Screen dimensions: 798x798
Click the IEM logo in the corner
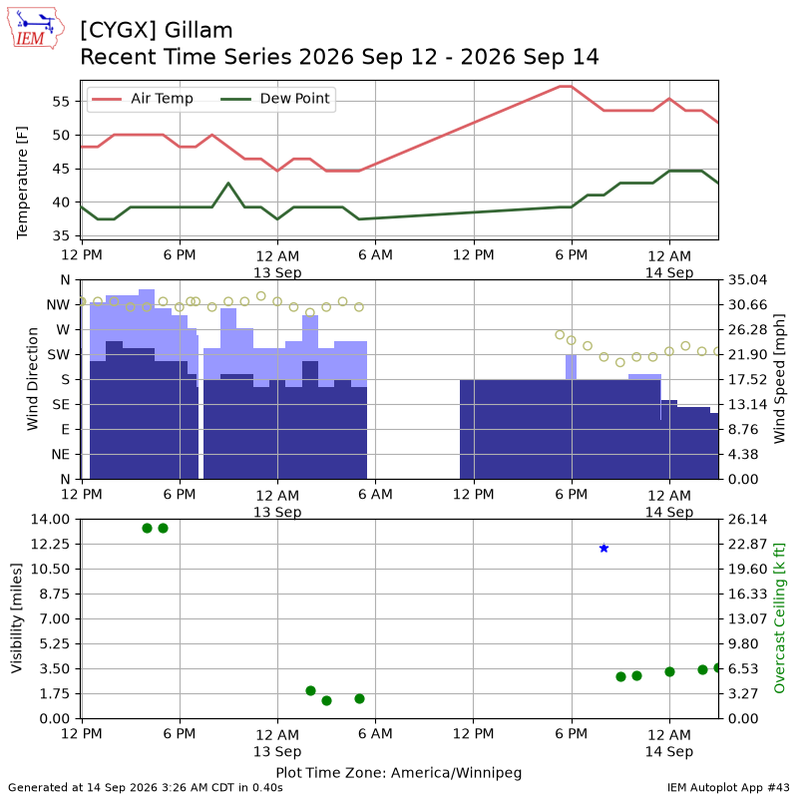(35, 29)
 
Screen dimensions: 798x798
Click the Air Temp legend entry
(142, 98)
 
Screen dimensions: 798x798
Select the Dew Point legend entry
(275, 98)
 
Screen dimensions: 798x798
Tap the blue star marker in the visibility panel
(603, 548)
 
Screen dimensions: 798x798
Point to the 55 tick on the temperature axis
(61, 102)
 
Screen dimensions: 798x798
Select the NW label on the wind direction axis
(58, 305)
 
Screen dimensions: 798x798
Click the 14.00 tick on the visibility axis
(51, 519)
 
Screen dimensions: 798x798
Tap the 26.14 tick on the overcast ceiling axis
(747, 519)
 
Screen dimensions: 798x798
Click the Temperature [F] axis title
(21, 183)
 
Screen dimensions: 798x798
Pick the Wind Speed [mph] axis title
(779, 379)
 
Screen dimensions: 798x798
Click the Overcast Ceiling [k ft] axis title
(779, 617)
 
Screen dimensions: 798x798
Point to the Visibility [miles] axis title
(17, 618)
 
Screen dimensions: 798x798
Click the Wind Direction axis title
(33, 379)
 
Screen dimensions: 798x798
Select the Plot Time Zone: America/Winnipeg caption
(399, 773)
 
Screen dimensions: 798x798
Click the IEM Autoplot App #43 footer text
(728, 788)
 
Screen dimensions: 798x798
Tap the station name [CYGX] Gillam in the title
(157, 31)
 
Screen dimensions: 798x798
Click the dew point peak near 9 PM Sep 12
(228, 184)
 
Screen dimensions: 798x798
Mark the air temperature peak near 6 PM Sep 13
(566, 87)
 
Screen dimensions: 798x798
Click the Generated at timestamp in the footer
(146, 788)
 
